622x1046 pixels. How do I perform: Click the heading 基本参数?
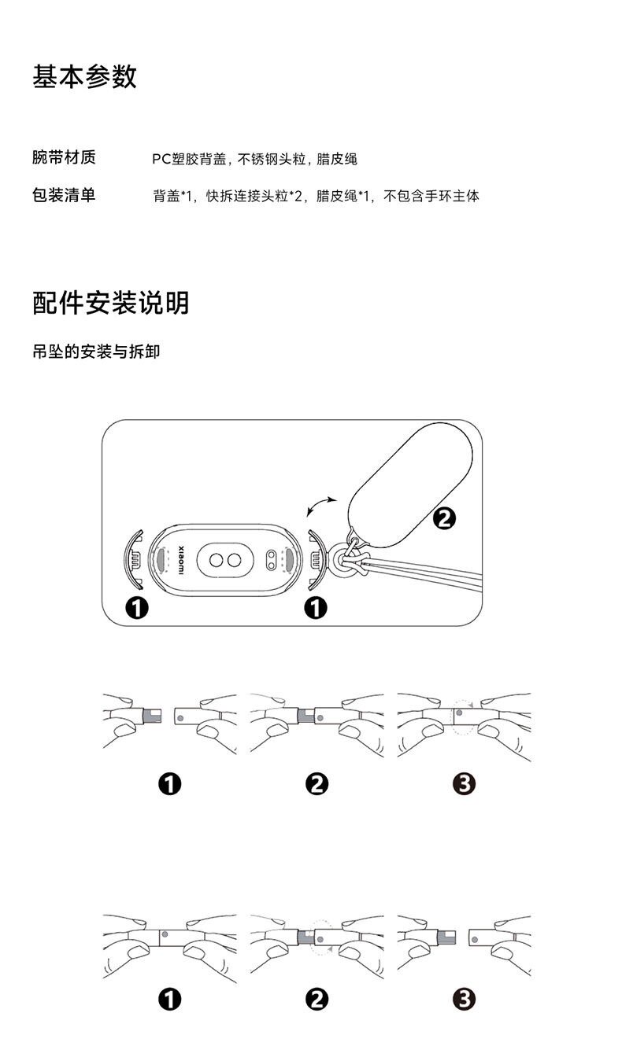[85, 77]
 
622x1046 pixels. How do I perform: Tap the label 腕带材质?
[64, 157]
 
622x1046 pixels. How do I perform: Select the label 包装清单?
[64, 195]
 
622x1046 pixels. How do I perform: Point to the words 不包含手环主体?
[431, 196]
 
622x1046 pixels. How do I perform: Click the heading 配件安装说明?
[111, 302]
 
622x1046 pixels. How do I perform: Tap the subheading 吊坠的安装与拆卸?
[96, 351]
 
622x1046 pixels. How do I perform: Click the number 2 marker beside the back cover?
[444, 518]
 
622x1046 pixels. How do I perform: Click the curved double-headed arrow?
[321, 505]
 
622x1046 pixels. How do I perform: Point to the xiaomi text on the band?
[179, 559]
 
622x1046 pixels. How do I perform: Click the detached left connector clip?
[135, 560]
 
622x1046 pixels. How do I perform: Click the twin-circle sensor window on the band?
[223, 560]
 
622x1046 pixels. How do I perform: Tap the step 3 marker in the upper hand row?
[464, 783]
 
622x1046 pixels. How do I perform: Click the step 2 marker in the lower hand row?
[317, 999]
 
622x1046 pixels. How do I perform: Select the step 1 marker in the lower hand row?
[169, 999]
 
